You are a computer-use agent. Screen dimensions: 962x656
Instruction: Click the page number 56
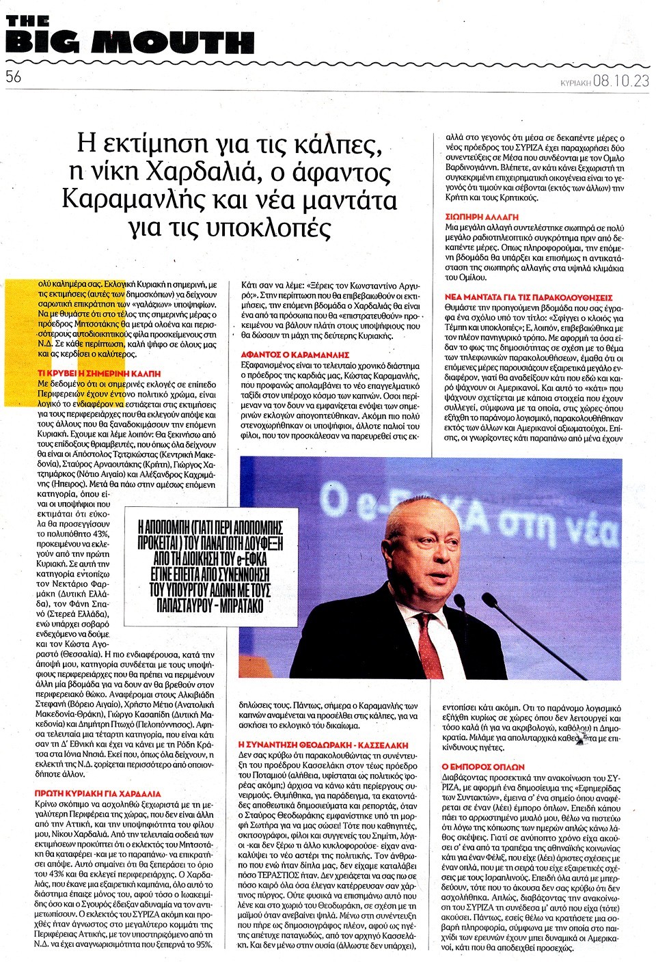(x=14, y=77)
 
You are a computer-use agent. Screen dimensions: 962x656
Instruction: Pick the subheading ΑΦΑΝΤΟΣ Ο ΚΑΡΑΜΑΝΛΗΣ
(x=295, y=355)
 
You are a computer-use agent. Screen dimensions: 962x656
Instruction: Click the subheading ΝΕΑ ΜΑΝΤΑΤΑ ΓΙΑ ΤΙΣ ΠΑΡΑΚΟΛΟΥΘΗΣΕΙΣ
(x=519, y=297)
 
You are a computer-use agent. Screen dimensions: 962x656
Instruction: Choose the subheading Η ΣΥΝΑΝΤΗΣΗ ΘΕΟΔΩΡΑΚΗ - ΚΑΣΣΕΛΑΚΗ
(x=323, y=744)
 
